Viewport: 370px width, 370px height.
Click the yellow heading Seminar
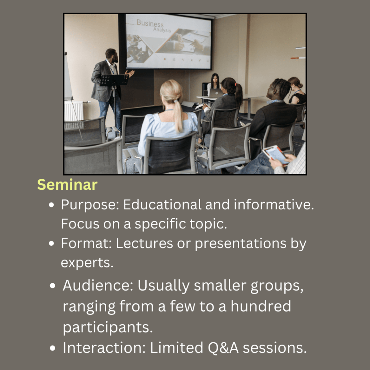coord(67,185)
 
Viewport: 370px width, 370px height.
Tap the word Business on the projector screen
coord(150,23)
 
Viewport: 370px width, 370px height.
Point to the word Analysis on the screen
coord(162,30)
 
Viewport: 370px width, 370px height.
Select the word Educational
coord(162,205)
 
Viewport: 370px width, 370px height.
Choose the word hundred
coord(261,306)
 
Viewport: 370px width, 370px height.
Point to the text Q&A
coord(223,348)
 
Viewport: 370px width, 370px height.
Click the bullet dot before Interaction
coord(53,348)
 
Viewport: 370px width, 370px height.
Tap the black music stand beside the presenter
coord(114,80)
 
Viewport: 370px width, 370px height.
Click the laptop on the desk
coord(215,93)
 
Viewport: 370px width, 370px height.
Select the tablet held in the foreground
coord(275,155)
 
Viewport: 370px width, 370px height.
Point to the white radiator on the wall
coord(74,111)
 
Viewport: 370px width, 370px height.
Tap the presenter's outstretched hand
coord(130,73)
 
